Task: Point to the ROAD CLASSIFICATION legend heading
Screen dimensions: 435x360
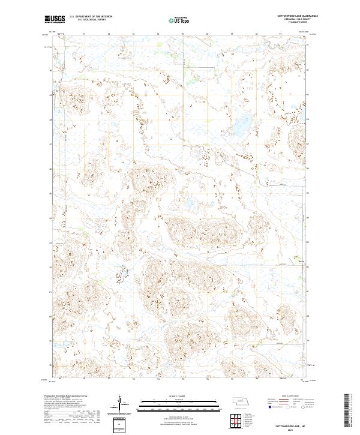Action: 288,397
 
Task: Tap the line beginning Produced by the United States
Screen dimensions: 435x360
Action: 69,397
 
